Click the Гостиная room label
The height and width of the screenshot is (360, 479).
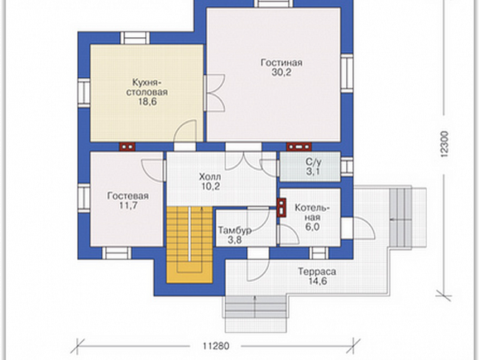point(281,63)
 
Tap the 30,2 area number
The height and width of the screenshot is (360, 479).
point(281,73)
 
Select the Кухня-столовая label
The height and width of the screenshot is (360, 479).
point(147,87)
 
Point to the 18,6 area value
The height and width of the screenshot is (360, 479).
point(147,101)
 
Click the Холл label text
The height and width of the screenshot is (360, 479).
point(210,177)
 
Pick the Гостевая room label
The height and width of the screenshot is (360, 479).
point(128,196)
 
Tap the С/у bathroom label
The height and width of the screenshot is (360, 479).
point(313,162)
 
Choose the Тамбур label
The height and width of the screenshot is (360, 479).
point(235,231)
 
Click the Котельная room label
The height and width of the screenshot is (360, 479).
point(312,213)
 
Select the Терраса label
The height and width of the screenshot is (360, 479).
point(317,272)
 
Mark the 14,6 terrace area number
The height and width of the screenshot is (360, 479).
point(317,281)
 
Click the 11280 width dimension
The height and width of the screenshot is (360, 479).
point(216,346)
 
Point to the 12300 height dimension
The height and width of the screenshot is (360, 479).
point(444,144)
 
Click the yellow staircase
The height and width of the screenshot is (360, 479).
point(190,245)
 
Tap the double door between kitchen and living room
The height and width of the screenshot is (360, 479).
point(215,92)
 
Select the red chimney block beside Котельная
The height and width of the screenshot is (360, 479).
point(281,208)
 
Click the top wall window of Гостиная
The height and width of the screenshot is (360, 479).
point(274,3)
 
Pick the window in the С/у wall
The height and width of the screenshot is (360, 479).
point(347,167)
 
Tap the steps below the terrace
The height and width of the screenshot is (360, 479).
point(256,314)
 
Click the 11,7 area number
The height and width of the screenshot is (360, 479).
point(128,206)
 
